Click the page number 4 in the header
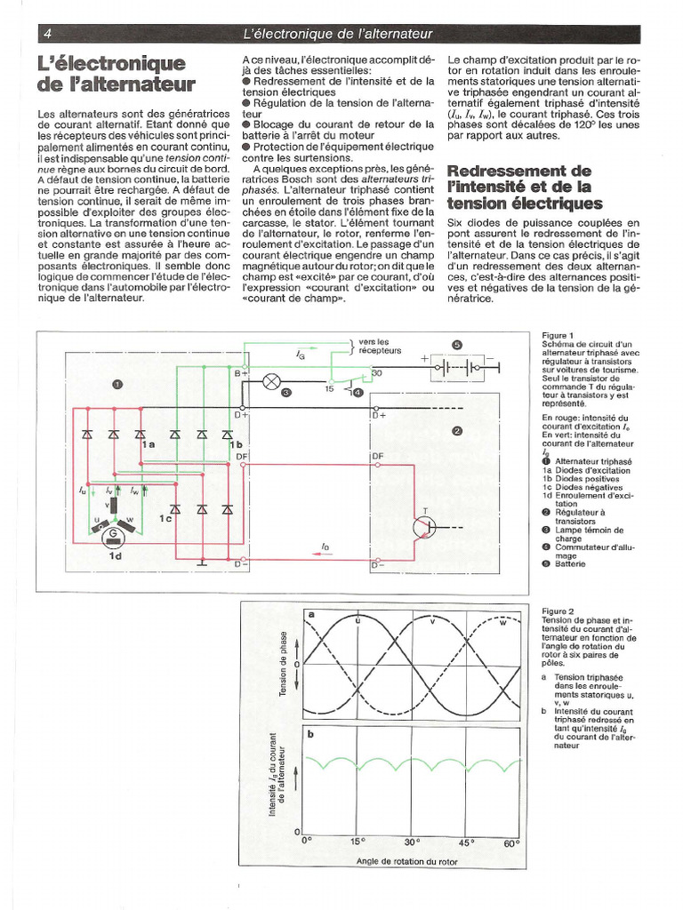click(x=47, y=34)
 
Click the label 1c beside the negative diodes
click(x=165, y=518)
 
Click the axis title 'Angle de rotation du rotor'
click(x=407, y=861)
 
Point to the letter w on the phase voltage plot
click(x=503, y=622)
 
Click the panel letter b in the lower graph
click(x=310, y=734)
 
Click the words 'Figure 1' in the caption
click(x=558, y=335)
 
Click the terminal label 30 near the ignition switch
click(x=376, y=373)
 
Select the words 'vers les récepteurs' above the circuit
click(x=374, y=346)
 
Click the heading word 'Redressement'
click(x=506, y=170)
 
